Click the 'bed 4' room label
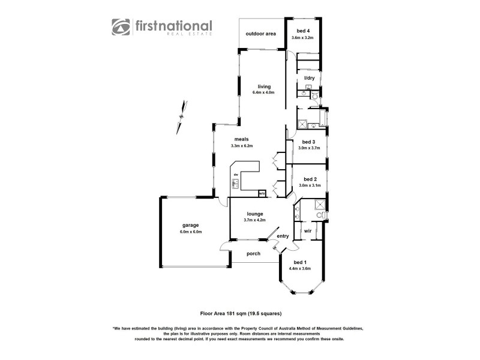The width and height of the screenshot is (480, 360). pos(302,31)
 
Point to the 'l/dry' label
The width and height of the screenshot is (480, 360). pos(310,78)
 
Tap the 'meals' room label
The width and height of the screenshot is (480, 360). pos(242,139)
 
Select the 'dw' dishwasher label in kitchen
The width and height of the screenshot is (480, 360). pos(236,175)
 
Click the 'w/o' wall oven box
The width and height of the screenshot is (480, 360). pos(262,193)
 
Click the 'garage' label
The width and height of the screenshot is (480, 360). pos(191,225)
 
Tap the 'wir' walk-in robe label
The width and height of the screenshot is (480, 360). pos(307,230)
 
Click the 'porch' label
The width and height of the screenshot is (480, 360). pos(254,253)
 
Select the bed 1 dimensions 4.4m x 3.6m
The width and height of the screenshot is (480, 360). pos(300,269)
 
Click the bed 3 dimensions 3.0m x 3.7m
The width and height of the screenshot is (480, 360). pos(310,148)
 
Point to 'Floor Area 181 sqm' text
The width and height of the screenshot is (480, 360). pos(221,313)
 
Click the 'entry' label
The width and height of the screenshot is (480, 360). pos(283,236)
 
